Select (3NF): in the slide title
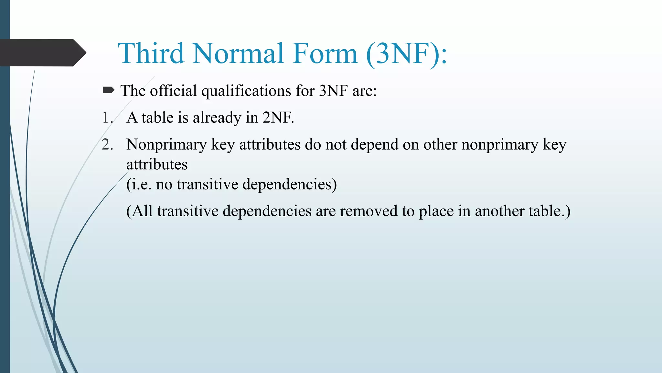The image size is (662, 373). (407, 54)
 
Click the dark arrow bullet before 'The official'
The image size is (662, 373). (108, 90)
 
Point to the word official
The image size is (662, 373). (173, 91)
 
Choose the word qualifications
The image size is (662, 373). (246, 91)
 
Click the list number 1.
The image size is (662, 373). (107, 118)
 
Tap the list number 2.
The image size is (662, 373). (107, 144)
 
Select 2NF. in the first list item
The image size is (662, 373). (278, 118)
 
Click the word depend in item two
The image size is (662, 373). (374, 145)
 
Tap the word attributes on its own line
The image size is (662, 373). (157, 164)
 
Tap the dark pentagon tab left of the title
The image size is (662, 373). (42, 53)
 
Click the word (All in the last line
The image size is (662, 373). (139, 211)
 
